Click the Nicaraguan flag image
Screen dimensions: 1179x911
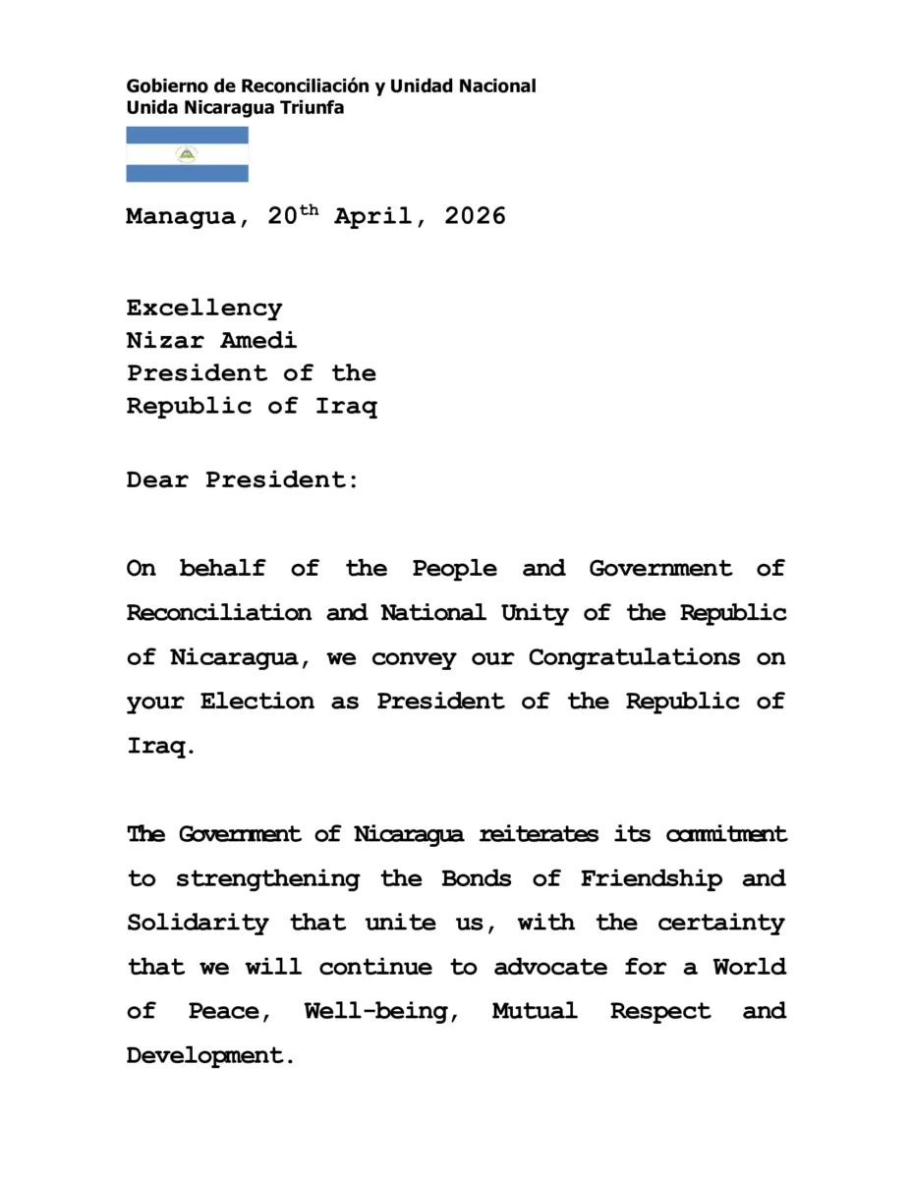[187, 154]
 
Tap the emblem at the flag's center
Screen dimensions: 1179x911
[187, 154]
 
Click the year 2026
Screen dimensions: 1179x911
[476, 216]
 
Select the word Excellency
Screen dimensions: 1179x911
[204, 309]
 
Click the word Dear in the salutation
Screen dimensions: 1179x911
[157, 480]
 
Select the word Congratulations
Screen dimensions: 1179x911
[635, 657]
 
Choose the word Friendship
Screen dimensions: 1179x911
[651, 878]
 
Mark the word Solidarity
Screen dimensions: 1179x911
[197, 924]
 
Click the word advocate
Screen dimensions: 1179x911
[550, 967]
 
